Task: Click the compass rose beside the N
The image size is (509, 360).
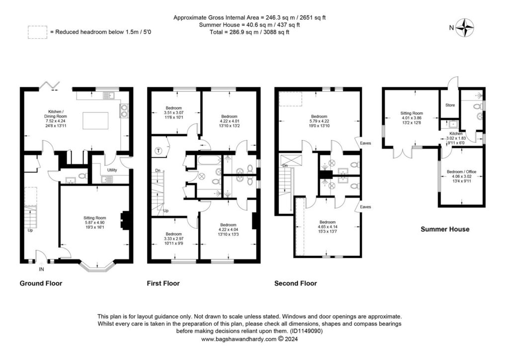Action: point(465,28)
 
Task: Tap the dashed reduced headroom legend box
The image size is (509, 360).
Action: point(37,32)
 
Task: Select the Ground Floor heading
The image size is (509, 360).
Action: point(41,283)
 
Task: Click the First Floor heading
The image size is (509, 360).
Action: point(163,283)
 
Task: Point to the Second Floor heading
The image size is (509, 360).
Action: point(296,283)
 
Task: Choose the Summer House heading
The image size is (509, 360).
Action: point(445,229)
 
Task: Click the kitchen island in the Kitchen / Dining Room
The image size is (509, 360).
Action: point(95,121)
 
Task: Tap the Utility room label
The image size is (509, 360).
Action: point(112,170)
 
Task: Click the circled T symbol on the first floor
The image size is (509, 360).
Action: point(159,151)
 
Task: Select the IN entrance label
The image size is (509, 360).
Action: point(41,269)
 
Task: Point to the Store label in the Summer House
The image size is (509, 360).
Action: point(450,105)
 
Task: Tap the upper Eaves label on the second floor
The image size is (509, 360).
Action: point(365,143)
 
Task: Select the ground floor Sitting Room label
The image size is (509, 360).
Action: point(95,218)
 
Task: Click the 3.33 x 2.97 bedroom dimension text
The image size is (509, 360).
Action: point(173,239)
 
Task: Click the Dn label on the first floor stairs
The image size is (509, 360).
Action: point(158,171)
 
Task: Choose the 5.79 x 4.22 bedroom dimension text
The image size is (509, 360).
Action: point(319,121)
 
